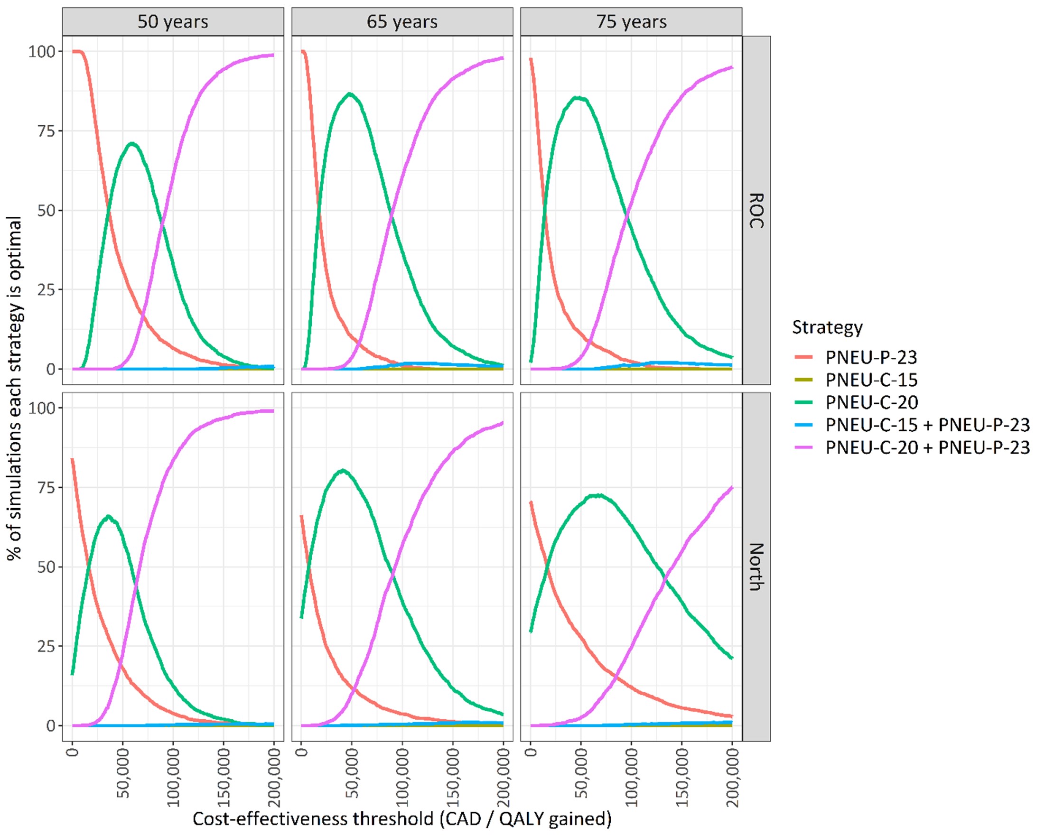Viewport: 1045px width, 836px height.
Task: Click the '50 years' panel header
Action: point(173,22)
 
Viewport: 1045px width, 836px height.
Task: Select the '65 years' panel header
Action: point(402,22)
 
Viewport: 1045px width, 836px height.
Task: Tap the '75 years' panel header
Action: point(631,22)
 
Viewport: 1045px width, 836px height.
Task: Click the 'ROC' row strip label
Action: point(756,210)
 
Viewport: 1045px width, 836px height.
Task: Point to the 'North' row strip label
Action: point(756,567)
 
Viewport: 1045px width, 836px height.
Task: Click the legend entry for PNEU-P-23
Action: point(871,357)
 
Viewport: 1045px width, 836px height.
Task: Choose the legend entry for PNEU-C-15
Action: point(871,380)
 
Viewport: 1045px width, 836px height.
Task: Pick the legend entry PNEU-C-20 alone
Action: point(871,402)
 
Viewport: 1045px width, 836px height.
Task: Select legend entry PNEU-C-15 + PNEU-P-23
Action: point(927,425)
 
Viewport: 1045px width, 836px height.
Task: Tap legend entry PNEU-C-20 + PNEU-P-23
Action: point(927,447)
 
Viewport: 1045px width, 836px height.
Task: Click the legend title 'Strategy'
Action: point(827,327)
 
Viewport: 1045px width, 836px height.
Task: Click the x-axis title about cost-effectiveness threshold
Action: point(402,818)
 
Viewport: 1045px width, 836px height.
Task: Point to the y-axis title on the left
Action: point(15,388)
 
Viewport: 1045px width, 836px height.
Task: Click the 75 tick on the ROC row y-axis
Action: point(46,131)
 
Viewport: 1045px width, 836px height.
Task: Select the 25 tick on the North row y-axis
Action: point(46,646)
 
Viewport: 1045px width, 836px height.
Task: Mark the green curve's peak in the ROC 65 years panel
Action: point(349,93)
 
